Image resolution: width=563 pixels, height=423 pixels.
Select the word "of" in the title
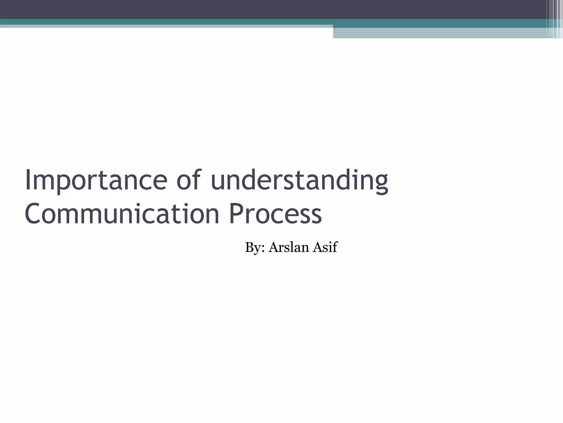[x=188, y=180]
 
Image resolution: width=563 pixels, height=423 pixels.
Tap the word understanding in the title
[x=299, y=180]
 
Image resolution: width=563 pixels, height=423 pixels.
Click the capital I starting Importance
[x=27, y=180]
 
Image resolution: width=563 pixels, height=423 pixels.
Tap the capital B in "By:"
[x=250, y=247]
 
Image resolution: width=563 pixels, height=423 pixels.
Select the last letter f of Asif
[x=335, y=246]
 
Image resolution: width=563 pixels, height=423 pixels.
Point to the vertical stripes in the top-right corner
[x=555, y=19]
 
